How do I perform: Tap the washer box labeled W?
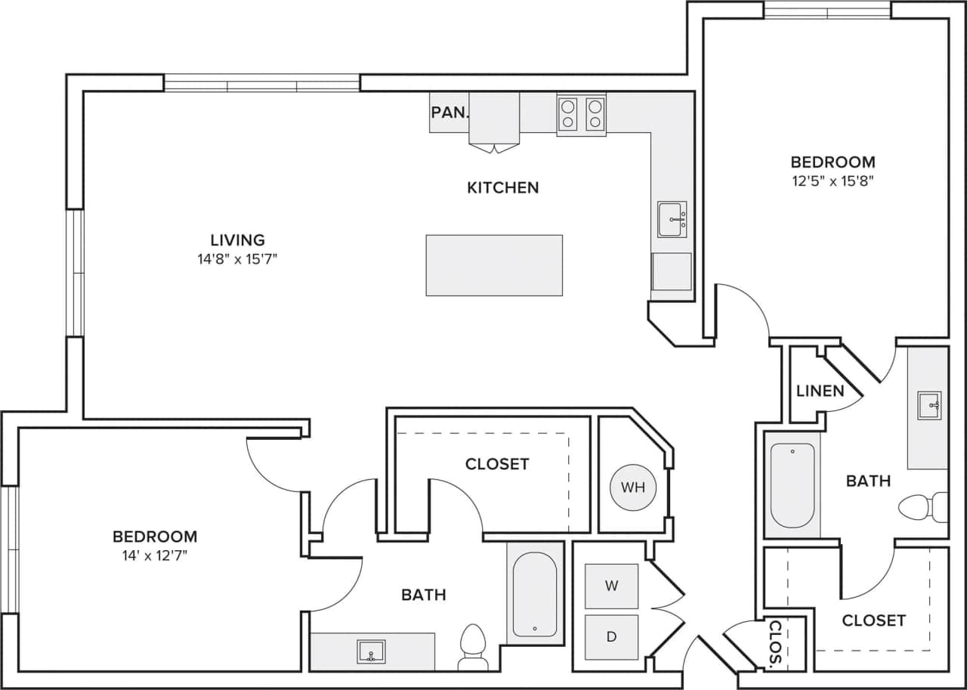tap(611, 586)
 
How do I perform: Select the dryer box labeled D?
tap(611, 636)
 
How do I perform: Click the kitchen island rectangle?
tap(494, 265)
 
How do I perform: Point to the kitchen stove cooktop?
tap(581, 114)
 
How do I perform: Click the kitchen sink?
tap(672, 219)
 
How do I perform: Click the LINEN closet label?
tap(820, 391)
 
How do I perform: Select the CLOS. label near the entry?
tap(775, 645)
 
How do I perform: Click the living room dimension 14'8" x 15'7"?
tap(237, 258)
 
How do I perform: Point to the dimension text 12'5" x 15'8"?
tap(833, 181)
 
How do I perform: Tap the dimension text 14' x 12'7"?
tap(154, 555)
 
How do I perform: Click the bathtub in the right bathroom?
tap(792, 484)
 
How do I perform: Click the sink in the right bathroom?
tap(928, 405)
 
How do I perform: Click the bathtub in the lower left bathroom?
tap(534, 594)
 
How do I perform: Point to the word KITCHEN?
tap(502, 187)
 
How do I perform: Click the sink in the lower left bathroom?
tap(371, 651)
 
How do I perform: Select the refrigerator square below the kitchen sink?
tap(672, 271)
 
